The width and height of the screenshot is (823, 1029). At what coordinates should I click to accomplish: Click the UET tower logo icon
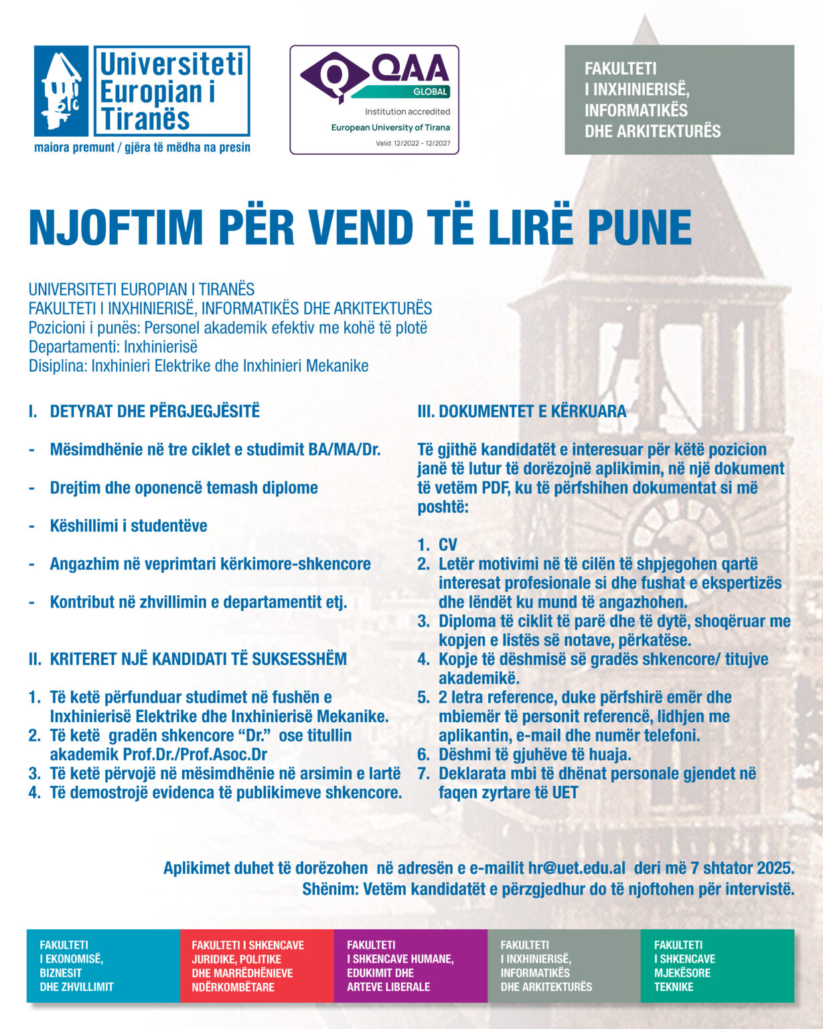click(61, 91)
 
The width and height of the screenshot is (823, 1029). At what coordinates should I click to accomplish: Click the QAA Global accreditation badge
click(374, 100)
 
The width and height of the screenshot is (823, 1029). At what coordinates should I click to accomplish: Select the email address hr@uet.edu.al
click(577, 868)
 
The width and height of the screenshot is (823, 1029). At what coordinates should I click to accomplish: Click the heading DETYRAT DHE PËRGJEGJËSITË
click(155, 411)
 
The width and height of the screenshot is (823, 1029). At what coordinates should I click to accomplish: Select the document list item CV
click(448, 545)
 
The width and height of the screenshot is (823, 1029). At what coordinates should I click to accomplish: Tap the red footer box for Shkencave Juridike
click(256, 965)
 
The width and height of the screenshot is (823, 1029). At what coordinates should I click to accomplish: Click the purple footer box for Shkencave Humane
click(410, 965)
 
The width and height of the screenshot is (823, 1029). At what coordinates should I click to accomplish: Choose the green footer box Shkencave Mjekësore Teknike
click(717, 965)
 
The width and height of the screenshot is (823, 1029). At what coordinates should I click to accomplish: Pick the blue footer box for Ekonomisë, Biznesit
click(103, 965)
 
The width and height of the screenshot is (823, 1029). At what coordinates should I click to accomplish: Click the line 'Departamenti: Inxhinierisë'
click(113, 347)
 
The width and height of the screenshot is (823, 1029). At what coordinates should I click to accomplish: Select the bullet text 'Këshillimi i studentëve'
click(129, 526)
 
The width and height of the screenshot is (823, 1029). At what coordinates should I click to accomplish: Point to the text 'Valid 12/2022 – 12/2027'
click(413, 143)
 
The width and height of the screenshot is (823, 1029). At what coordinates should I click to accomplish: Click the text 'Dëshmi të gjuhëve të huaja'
click(534, 755)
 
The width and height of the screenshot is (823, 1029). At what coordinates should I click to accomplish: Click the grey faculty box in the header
click(679, 100)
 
